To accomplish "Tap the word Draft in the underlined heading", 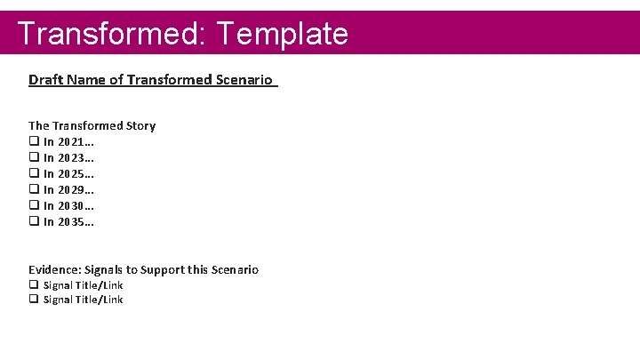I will point(44,80).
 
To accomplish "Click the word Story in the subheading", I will point(140,125).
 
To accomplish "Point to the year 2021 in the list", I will point(73,142).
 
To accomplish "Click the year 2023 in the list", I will point(73,158).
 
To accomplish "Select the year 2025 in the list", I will point(73,174).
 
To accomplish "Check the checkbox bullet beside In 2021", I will point(34,141).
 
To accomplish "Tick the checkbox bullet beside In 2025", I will point(34,173).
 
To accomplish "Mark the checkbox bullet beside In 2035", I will point(34,221).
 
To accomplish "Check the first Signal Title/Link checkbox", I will point(34,284).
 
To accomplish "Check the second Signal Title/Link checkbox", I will point(34,300).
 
